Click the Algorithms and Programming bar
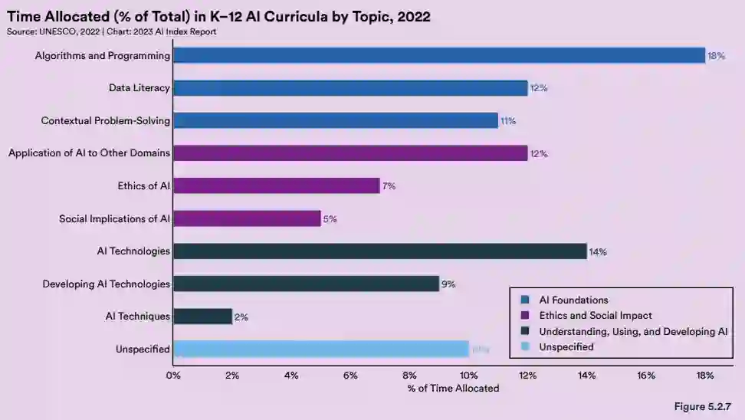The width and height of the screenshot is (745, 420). [438, 55]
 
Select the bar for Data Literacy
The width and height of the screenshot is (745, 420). [350, 88]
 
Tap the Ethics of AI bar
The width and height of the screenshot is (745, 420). [276, 185]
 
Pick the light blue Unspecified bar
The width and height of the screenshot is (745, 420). [320, 349]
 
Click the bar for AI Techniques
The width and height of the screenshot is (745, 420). [202, 316]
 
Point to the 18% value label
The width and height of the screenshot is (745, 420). [717, 56]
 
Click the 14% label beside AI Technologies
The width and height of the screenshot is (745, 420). [598, 251]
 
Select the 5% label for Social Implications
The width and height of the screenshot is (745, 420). [330, 219]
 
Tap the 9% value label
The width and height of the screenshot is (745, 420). [448, 284]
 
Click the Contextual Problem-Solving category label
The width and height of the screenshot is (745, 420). [106, 120]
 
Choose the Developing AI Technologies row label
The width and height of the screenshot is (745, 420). [106, 284]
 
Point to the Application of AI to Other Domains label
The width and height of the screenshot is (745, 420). [89, 153]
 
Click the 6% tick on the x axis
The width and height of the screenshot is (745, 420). [350, 376]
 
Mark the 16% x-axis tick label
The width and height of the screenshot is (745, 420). [646, 376]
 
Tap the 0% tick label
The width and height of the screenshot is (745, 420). [173, 376]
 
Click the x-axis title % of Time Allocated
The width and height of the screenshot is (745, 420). [453, 389]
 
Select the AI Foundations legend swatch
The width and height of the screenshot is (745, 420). [525, 300]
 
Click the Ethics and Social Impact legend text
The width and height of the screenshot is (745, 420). [596, 315]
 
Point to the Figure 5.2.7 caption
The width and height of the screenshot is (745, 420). [704, 406]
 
